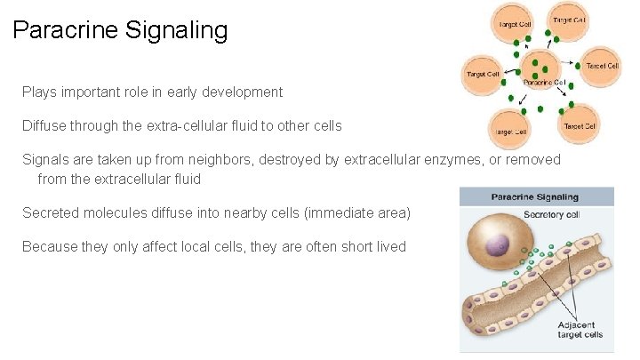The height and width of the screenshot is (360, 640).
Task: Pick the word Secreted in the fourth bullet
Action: click(x=51, y=212)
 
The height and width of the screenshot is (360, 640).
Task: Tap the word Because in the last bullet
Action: click(x=50, y=246)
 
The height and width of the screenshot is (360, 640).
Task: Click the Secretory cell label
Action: click(x=551, y=213)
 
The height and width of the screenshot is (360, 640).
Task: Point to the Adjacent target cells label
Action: click(x=580, y=328)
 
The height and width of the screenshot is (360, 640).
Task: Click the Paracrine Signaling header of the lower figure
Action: click(x=536, y=196)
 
